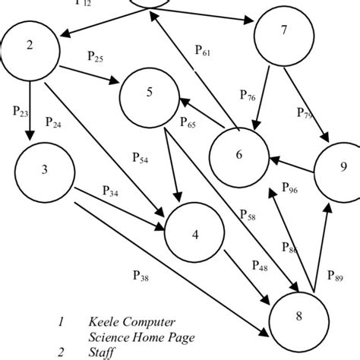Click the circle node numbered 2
pyautogui.click(x=30, y=46)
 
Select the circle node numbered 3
pyautogui.click(x=45, y=169)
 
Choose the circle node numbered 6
pyautogui.click(x=239, y=153)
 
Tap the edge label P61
pyautogui.click(x=204, y=51)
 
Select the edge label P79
pyautogui.click(x=305, y=113)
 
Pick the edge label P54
pyautogui.click(x=141, y=159)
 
